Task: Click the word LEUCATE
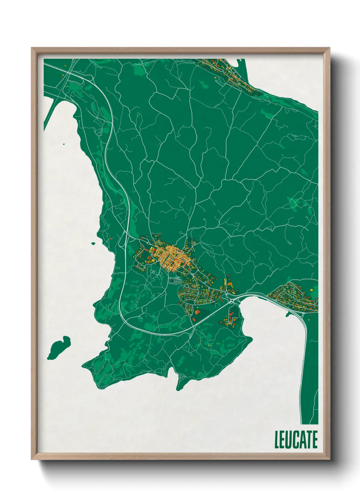(x=296, y=440)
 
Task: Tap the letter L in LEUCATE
(x=277, y=440)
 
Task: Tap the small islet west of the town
(x=93, y=243)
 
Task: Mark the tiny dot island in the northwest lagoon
(x=64, y=144)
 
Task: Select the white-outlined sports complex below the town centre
(x=175, y=281)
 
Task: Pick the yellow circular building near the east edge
(x=311, y=290)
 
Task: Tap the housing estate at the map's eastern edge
(x=293, y=296)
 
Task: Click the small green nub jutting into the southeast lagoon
(x=288, y=314)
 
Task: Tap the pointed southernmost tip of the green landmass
(x=178, y=388)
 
